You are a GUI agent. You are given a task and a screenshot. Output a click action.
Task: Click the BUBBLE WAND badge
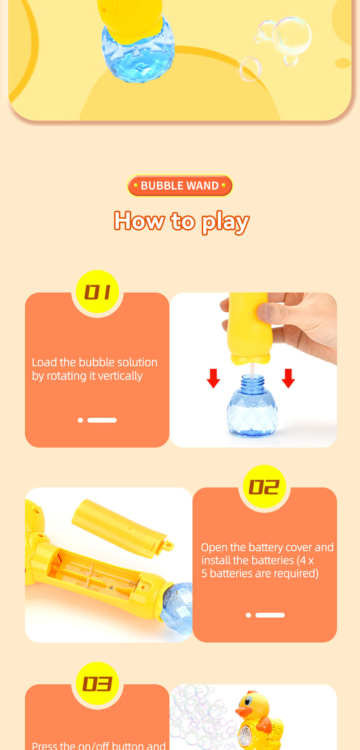coord(180,185)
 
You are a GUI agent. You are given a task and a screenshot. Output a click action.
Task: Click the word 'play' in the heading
coord(225,222)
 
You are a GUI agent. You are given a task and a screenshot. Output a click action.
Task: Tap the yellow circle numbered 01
coord(97,292)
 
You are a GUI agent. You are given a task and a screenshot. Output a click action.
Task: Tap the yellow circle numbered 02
coord(264,487)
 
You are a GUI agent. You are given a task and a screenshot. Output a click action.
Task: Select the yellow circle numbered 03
coord(97,683)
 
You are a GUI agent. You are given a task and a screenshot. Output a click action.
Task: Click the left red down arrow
coord(213,378)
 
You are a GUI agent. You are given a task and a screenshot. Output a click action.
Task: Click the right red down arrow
coord(288,378)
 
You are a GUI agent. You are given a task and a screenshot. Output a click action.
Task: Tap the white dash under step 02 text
coord(270,615)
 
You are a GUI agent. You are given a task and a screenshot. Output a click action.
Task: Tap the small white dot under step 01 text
coord(80,420)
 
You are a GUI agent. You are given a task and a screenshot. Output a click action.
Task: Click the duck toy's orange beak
coord(244,711)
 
